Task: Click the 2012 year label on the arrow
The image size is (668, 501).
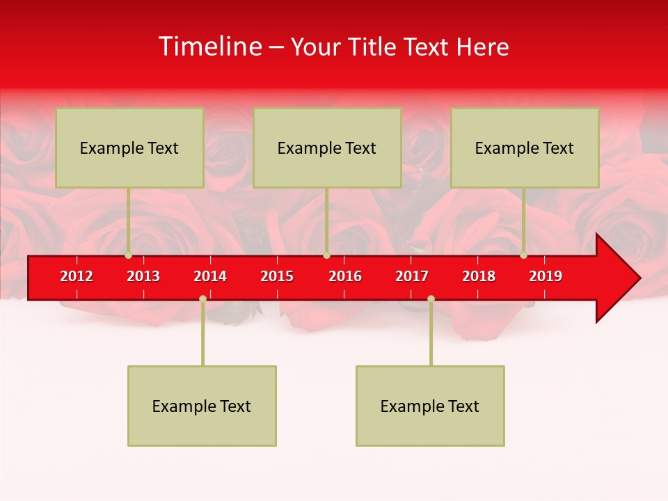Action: tap(77, 276)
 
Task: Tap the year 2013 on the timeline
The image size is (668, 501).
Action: tap(143, 276)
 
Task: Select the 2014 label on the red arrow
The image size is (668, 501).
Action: tap(210, 276)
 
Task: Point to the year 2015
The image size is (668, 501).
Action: tap(277, 276)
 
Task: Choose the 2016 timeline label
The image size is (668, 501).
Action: tap(345, 276)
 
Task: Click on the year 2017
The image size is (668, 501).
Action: tap(412, 276)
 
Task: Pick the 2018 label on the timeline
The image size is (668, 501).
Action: tap(479, 276)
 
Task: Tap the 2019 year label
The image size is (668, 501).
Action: tap(546, 276)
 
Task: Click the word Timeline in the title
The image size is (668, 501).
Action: tap(210, 47)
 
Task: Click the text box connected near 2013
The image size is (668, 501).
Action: tap(129, 148)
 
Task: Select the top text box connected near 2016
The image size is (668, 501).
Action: tap(327, 148)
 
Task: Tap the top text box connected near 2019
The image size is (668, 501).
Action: tap(525, 148)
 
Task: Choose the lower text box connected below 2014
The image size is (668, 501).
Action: tap(202, 406)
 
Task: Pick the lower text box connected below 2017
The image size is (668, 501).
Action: tap(430, 406)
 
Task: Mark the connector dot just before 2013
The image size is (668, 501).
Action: tap(129, 255)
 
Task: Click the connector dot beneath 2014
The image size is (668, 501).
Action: tap(202, 299)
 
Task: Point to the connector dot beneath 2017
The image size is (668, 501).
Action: tap(431, 299)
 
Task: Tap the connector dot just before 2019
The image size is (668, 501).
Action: tap(524, 255)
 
